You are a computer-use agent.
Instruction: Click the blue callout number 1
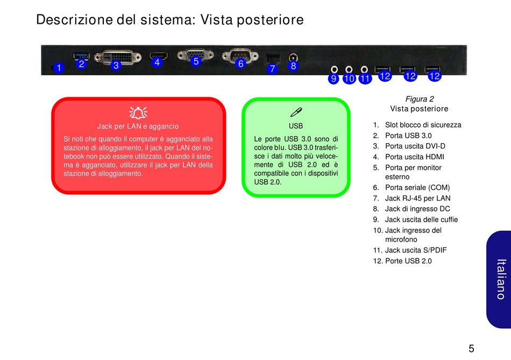(58, 68)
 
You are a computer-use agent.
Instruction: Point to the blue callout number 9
(333, 79)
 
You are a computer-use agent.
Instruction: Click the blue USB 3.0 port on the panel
(81, 55)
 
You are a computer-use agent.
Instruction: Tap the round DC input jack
(294, 56)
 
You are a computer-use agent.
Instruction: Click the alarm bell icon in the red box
(138, 112)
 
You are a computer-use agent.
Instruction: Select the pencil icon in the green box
(296, 112)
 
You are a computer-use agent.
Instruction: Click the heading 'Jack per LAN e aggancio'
(138, 126)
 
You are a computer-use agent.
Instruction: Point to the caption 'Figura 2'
(419, 99)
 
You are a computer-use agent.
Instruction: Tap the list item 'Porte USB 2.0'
(408, 261)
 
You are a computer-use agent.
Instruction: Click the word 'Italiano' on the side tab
(501, 279)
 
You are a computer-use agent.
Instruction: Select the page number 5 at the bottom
(471, 348)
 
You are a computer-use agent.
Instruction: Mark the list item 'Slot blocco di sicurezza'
(423, 125)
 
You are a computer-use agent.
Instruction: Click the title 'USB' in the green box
(296, 126)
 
